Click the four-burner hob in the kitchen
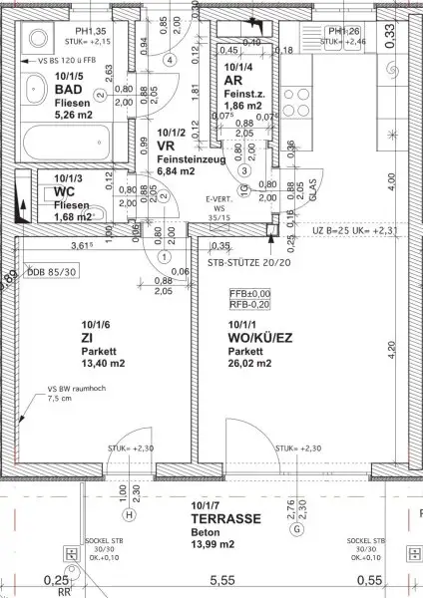(x=299, y=100)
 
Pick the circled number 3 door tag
(x=242, y=169)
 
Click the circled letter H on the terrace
(x=129, y=515)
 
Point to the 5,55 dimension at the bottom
(x=220, y=579)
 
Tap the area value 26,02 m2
(x=251, y=364)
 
